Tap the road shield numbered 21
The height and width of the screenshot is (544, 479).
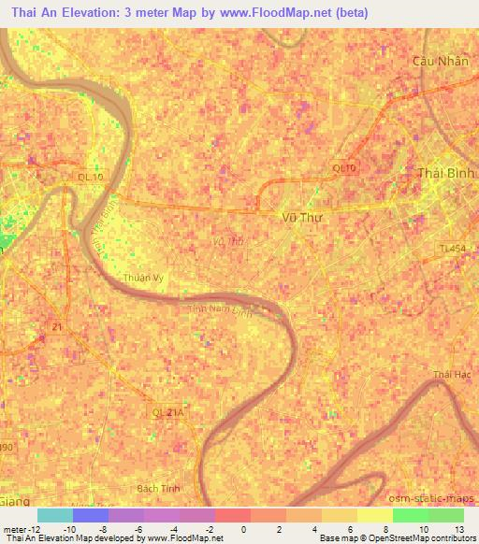coord(57,326)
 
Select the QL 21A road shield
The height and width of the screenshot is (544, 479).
coord(167,410)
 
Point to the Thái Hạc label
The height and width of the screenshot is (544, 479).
coord(448,375)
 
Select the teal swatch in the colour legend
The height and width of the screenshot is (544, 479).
coord(54,514)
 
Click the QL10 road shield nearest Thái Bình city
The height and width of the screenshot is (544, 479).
coord(343,167)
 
